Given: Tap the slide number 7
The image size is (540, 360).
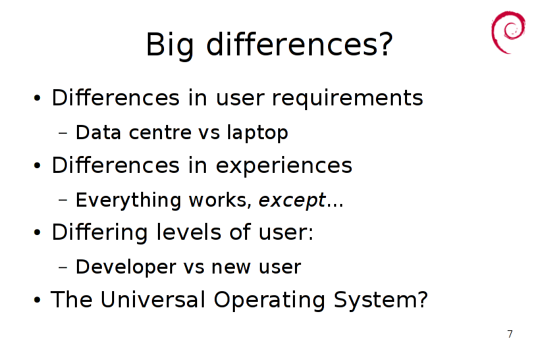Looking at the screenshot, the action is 510,334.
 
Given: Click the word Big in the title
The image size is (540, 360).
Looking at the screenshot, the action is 169,45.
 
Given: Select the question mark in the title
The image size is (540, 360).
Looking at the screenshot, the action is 385,44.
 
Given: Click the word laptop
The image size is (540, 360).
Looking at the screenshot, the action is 258,133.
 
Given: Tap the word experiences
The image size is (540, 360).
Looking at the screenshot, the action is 283,166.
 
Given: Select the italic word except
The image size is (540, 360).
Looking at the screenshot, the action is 292,201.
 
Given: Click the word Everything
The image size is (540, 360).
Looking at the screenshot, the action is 128,200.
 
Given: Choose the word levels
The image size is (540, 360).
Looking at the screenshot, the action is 189,232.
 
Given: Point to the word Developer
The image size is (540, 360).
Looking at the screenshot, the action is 126,267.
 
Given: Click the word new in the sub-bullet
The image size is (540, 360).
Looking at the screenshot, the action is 231,267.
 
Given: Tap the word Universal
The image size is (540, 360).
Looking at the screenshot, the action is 153,299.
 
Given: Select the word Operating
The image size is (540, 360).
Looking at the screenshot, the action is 269,300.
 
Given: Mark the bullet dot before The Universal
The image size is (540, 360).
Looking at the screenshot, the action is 37,300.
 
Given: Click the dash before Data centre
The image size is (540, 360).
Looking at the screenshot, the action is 63,132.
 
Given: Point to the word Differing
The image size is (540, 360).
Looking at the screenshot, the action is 100,232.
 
